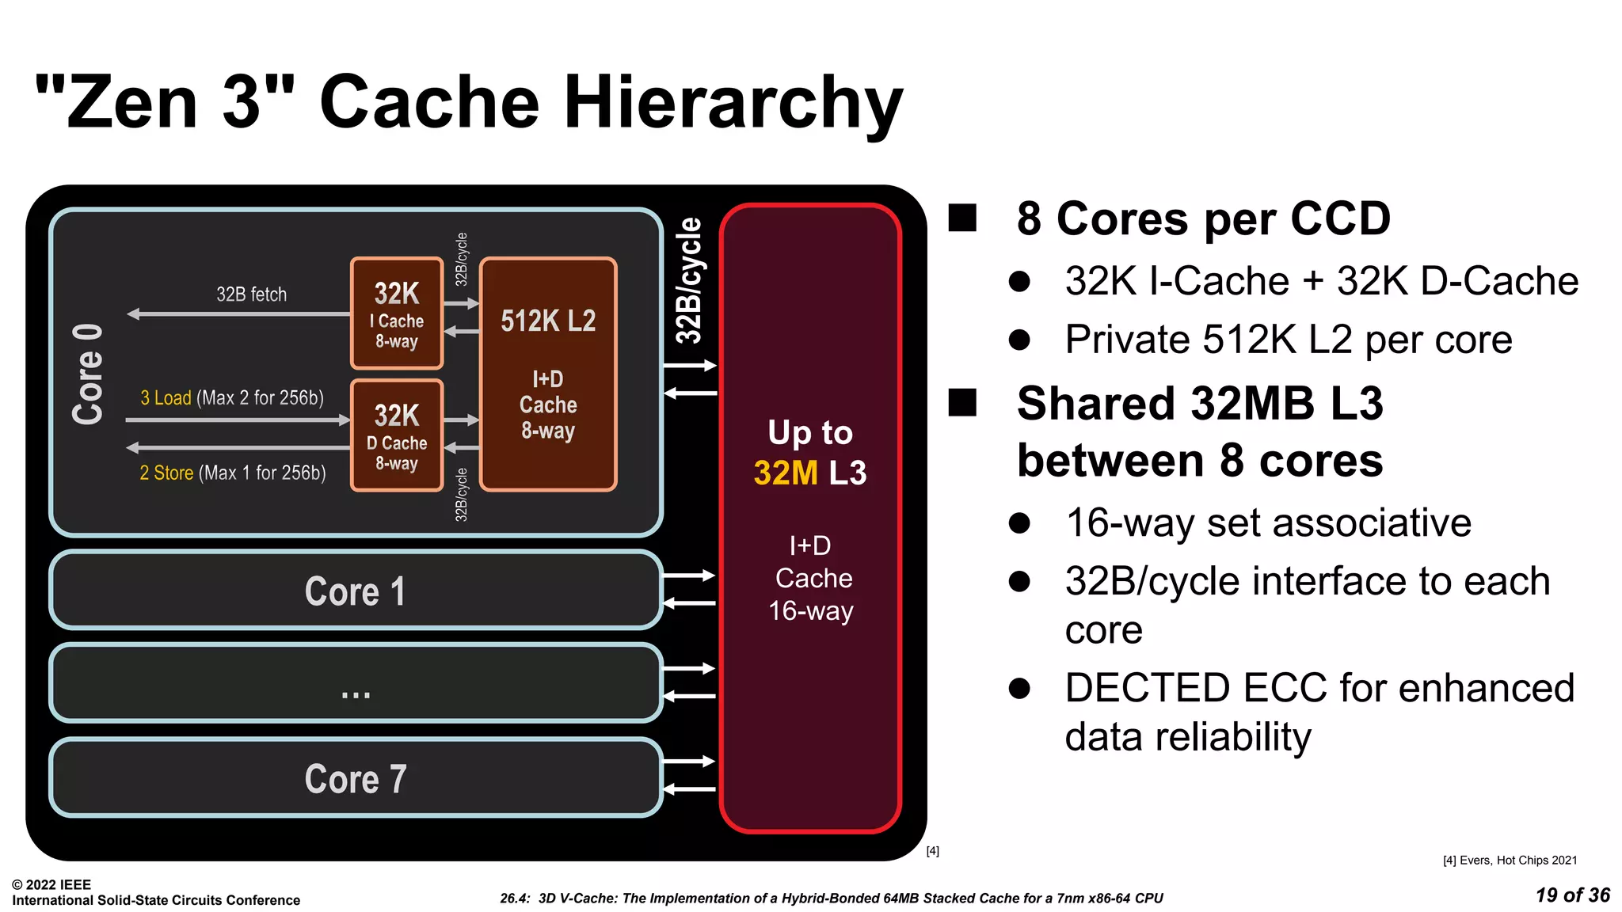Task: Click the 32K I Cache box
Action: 397,313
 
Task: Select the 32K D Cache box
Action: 397,435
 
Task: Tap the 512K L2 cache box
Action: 548,374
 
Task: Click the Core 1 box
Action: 356,591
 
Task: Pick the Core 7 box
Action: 356,778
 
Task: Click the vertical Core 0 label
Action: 87,374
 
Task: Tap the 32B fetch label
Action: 251,294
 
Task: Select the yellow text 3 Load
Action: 166,397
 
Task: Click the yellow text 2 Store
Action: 166,473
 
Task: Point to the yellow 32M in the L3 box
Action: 785,473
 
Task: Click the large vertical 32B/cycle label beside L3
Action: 688,281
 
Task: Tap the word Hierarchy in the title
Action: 733,102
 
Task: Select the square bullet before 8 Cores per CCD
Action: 963,218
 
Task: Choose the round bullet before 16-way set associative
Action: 1019,523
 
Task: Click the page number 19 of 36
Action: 1572,895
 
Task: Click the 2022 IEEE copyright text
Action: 51,884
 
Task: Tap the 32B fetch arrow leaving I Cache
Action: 238,314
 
